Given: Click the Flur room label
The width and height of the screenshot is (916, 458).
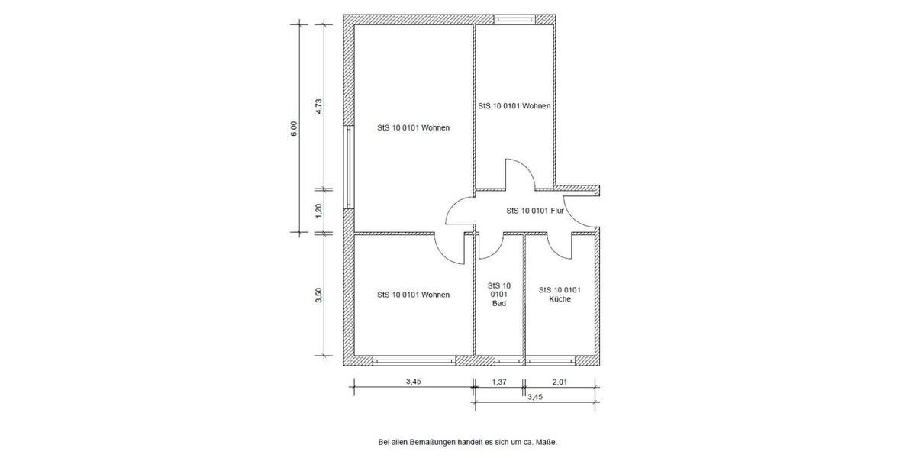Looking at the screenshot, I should point(534,211).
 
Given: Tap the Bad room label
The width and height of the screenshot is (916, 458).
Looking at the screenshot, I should point(498,294).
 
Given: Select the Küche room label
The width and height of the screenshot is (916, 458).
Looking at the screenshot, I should point(560,295).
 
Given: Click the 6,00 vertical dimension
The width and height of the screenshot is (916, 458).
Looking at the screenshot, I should point(294,128).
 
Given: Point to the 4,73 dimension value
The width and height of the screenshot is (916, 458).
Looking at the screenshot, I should point(320,107).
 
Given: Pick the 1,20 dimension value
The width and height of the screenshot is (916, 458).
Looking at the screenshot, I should point(320,210).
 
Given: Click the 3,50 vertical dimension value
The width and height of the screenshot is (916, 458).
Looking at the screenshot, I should point(320,295).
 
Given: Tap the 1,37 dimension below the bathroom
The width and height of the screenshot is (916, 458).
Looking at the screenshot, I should point(499,382).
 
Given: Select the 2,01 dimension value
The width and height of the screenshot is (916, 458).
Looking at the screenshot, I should point(560,382).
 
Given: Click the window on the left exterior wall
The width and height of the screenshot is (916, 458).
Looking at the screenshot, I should point(347,166).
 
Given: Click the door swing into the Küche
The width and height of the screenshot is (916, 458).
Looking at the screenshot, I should point(562,246).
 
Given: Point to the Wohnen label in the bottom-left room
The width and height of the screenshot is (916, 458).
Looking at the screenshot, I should point(413,295).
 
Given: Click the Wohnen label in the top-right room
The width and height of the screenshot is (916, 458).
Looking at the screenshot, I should point(514,107).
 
